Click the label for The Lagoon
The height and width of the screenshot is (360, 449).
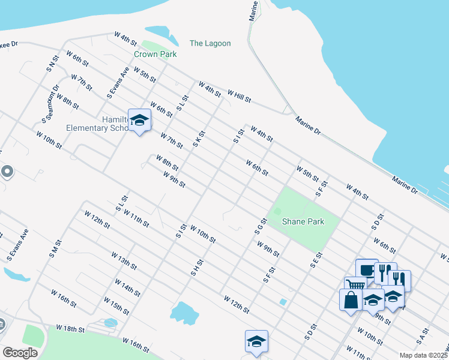click(x=210, y=43)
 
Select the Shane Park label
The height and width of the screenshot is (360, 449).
click(x=304, y=221)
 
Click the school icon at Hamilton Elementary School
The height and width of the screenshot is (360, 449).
click(x=139, y=120)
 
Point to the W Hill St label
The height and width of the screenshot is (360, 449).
click(x=238, y=96)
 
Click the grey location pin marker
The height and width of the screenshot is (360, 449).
click(x=7, y=172)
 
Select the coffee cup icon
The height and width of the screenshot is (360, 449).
click(x=367, y=270)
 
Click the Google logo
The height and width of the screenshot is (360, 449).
click(x=20, y=353)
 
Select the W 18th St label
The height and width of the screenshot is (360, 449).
click(x=71, y=329)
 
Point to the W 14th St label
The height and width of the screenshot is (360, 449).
click(x=128, y=287)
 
